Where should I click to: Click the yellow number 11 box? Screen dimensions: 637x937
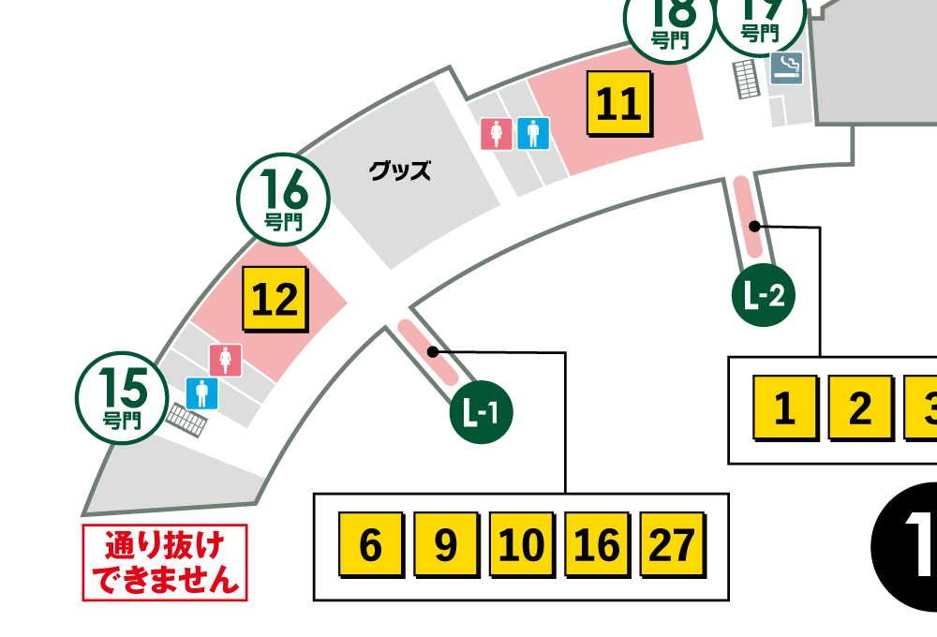pos(618,102)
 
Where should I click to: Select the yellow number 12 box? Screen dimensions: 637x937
pos(275,299)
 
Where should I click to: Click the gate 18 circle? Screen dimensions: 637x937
pos(670,21)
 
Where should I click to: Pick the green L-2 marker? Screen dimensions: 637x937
pos(764,297)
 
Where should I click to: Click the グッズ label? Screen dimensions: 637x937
pos(400,171)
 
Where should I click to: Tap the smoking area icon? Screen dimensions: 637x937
pos(786,68)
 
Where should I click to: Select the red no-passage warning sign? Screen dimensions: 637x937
pos(165,562)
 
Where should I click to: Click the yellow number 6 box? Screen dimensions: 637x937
pos(370,544)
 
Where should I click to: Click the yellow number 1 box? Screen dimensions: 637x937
pos(785,407)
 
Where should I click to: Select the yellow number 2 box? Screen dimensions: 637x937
pos(859,407)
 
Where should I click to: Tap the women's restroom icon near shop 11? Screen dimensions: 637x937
pos(497,134)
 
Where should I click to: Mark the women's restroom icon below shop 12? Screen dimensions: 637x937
pos(226,359)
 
